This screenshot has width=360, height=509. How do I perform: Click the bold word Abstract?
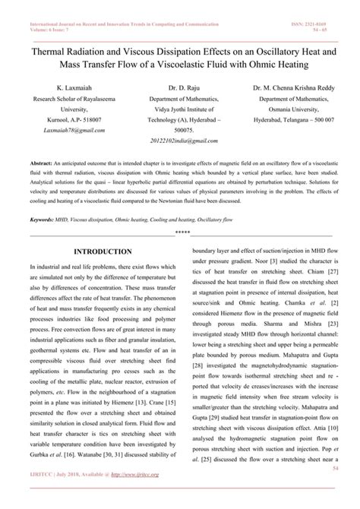tap(42, 163)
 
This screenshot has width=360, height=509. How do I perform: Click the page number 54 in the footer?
tap(330, 491)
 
